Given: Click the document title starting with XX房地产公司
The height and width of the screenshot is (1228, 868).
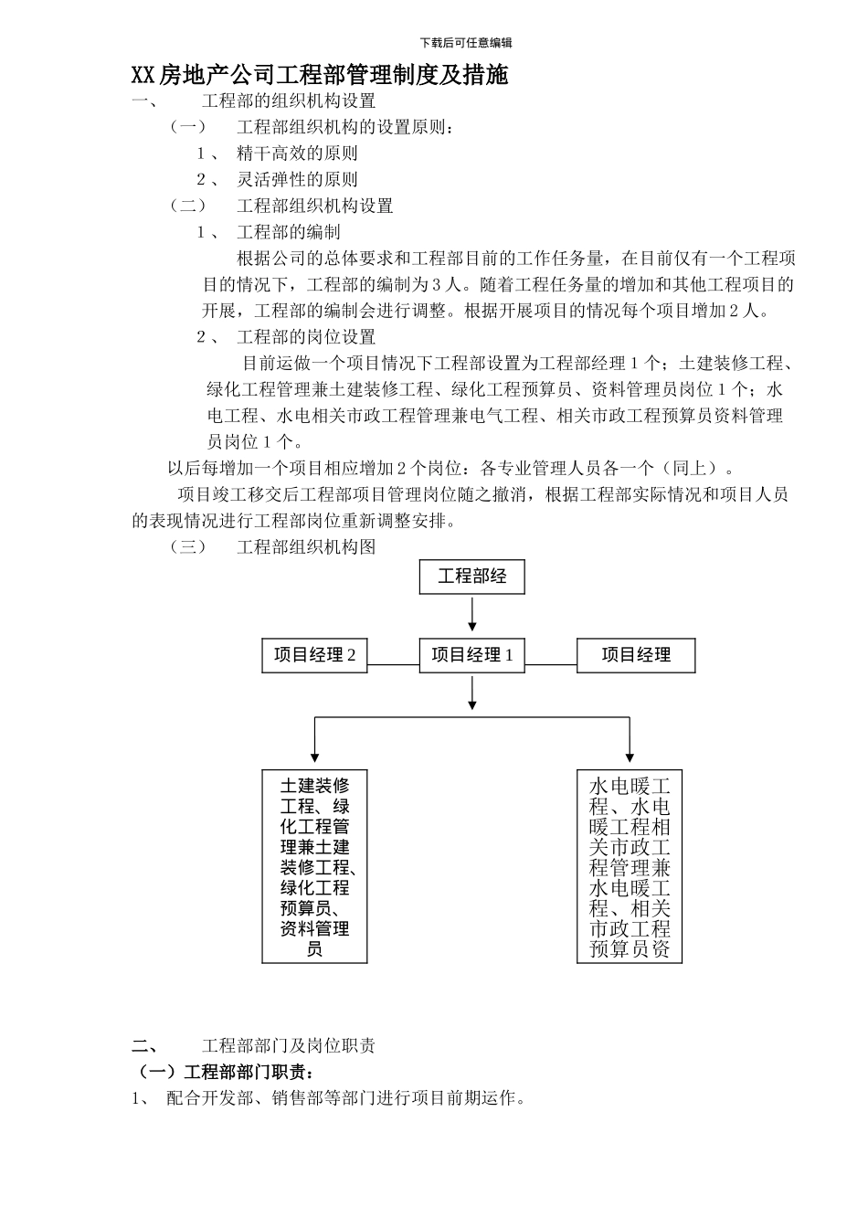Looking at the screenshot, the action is point(319,75).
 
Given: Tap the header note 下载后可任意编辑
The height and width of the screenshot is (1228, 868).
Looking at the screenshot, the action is point(466,43).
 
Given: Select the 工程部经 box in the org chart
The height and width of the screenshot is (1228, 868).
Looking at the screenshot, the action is point(471,577).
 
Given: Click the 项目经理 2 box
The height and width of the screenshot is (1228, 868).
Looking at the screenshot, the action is point(314,655).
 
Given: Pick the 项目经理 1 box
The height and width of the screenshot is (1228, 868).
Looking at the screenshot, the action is point(471,655).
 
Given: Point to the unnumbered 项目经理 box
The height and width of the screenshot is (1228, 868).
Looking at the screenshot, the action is point(635,655).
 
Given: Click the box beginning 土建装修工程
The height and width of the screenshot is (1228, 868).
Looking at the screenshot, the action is point(314,866).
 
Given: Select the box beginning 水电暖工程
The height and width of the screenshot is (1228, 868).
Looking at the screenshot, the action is point(630,866).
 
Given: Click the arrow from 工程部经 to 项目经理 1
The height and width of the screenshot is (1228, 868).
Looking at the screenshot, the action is point(471,613).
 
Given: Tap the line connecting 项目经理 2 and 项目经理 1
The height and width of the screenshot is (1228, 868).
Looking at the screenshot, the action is point(393,664).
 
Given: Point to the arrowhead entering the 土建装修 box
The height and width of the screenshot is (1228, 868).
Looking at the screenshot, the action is point(314,756).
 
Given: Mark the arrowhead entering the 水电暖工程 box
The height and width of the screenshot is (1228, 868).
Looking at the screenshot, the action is point(630,756).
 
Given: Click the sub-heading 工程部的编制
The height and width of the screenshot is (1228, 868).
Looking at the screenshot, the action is point(288,232).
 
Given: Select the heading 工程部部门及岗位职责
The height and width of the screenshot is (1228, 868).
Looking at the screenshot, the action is point(288,1046).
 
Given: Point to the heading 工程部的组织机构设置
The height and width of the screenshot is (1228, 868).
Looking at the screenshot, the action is point(288,101).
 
